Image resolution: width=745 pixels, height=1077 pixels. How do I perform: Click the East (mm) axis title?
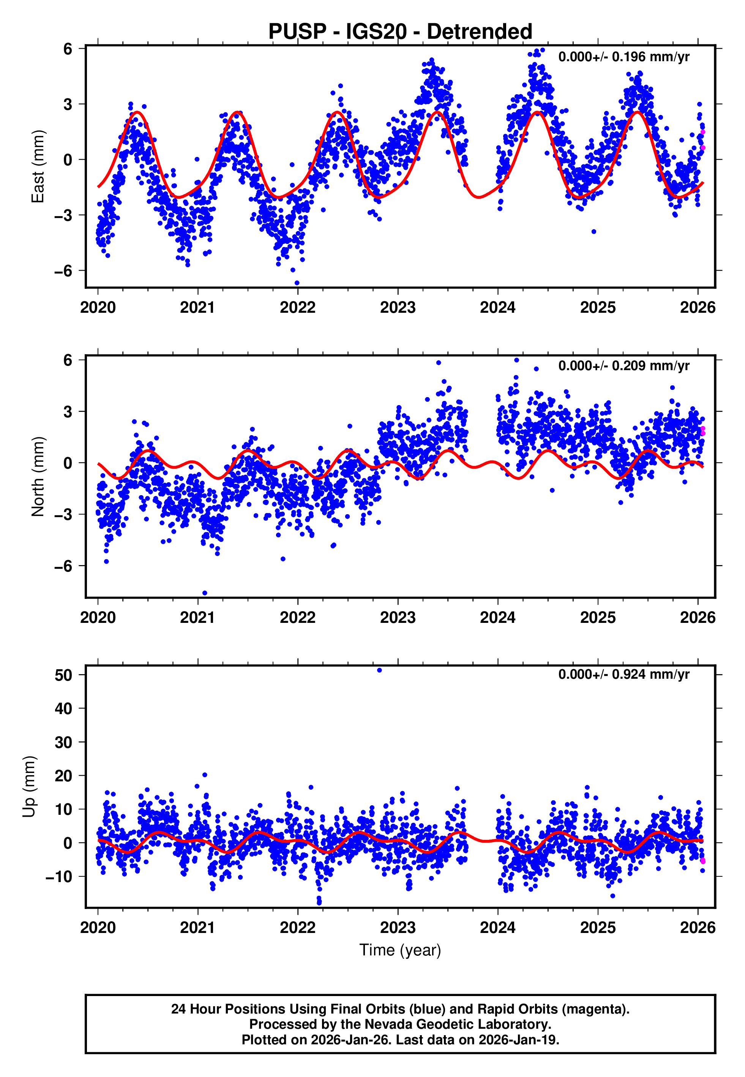click(38, 166)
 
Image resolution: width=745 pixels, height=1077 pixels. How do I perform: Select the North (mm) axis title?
click(38, 477)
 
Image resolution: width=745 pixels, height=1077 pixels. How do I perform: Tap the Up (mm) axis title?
click(29, 787)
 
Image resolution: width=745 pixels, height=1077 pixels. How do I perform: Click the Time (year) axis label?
click(400, 950)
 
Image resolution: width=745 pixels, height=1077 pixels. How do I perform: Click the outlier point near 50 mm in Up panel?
click(379, 670)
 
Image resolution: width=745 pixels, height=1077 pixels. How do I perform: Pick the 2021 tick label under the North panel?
click(197, 618)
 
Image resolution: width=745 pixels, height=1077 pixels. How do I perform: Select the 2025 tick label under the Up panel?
click(598, 928)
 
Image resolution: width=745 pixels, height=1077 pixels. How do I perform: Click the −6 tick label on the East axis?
click(63, 271)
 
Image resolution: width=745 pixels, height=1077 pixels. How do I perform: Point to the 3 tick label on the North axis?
click(69, 412)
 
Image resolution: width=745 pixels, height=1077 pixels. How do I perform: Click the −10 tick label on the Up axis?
click(58, 877)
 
